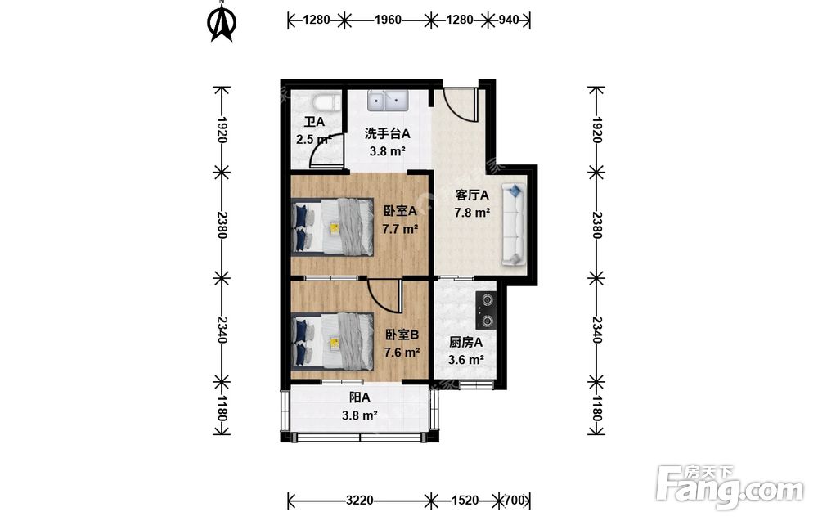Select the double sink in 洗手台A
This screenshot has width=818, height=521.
[387, 100]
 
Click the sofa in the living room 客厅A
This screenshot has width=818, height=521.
[514, 224]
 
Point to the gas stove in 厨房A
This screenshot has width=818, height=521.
[486, 310]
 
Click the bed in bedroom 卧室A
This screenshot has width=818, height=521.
[332, 227]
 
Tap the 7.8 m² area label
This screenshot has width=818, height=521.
[472, 213]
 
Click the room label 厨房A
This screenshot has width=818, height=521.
[466, 343]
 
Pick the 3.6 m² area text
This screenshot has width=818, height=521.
[466, 360]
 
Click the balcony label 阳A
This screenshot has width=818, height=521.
[359, 397]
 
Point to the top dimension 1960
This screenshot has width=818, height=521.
[388, 20]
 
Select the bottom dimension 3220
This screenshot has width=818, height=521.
[359, 501]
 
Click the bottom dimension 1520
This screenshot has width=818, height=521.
[465, 501]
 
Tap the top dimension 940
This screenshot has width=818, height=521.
[509, 20]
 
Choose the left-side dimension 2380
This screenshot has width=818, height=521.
[222, 225]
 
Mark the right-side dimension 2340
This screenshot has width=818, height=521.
[597, 330]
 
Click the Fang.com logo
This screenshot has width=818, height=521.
[730, 487]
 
